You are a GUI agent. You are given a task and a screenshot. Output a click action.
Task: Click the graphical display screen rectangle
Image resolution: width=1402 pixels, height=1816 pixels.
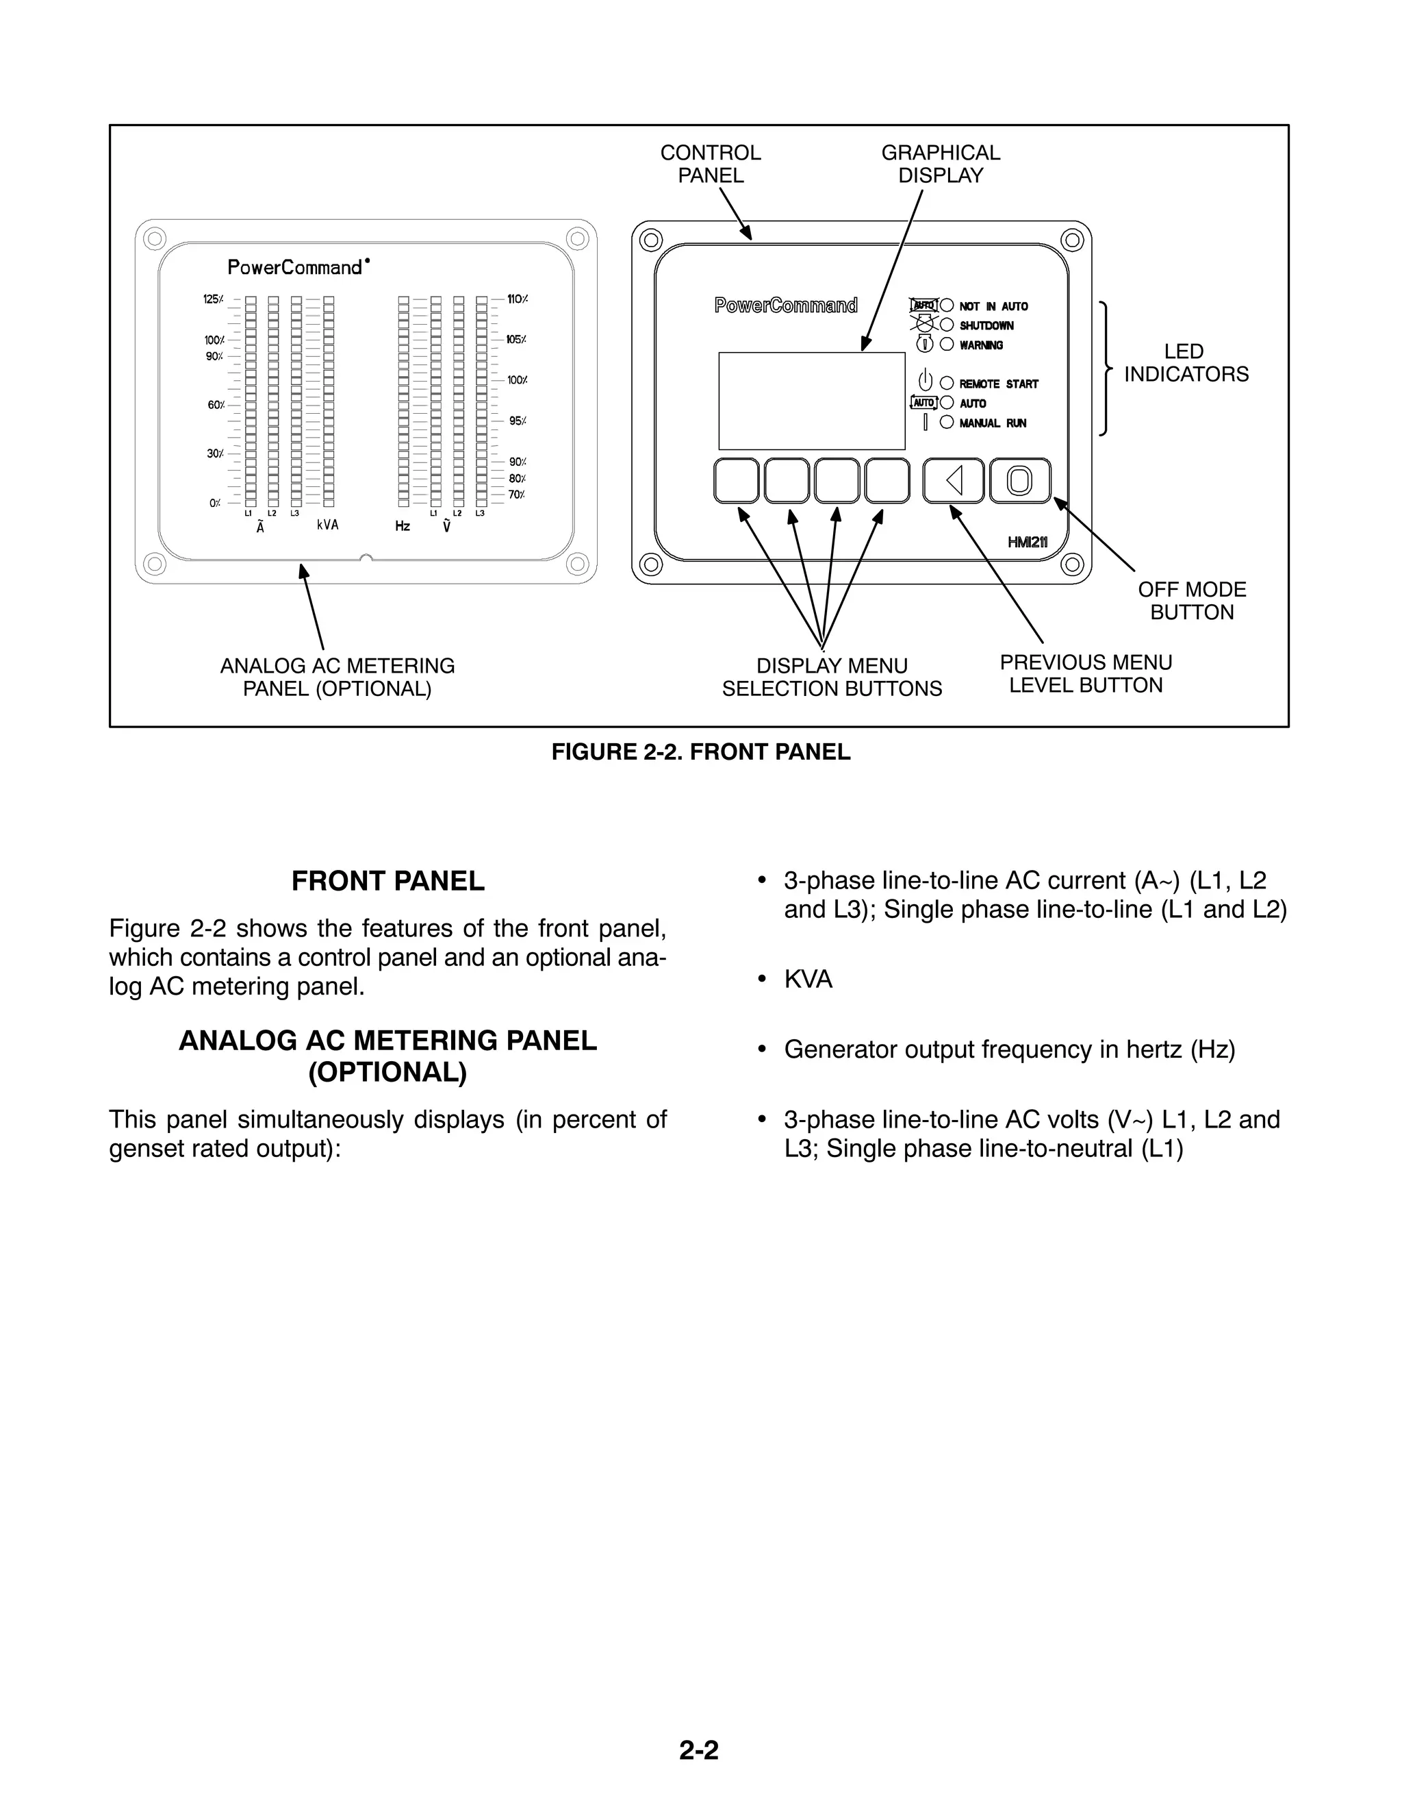(x=811, y=401)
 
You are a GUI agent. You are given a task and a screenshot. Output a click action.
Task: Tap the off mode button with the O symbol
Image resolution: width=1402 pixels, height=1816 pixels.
(x=1020, y=481)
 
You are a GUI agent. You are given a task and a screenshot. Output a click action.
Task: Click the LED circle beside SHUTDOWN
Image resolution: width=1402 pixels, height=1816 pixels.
(x=947, y=325)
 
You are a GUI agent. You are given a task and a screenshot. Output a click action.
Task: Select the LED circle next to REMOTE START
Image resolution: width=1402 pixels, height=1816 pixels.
(x=947, y=384)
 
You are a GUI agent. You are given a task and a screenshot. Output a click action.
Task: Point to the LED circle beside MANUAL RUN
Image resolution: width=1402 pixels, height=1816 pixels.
(x=947, y=423)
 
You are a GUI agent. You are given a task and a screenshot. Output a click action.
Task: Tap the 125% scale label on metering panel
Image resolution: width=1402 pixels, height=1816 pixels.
(x=213, y=299)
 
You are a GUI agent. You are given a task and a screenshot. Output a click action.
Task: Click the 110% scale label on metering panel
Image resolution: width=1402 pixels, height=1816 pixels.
(x=517, y=299)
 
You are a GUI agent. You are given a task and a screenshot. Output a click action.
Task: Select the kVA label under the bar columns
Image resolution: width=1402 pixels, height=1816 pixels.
(x=327, y=525)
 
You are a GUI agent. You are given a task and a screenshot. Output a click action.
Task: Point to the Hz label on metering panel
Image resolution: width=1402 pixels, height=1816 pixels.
(x=403, y=526)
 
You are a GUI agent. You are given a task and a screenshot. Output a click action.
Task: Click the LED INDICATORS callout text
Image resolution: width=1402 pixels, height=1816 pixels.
(x=1186, y=363)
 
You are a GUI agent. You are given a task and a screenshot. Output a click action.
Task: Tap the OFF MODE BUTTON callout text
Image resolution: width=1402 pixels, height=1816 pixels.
(x=1192, y=601)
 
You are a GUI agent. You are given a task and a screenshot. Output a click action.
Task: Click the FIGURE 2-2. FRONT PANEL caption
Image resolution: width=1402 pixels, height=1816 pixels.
(x=700, y=753)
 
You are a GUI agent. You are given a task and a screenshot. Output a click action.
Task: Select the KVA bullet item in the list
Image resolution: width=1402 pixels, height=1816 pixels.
(x=808, y=980)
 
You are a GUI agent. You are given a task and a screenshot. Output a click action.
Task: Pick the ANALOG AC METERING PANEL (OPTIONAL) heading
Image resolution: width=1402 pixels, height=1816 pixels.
(x=387, y=1056)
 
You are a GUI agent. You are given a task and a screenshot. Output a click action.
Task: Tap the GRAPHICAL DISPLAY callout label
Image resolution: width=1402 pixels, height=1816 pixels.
(x=941, y=164)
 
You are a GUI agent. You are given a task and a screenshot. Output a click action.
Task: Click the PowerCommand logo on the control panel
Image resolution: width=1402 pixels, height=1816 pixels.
(x=785, y=306)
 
